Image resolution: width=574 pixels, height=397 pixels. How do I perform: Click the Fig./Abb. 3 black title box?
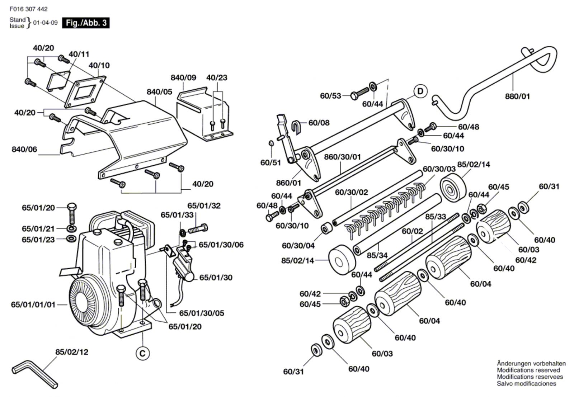tap(86, 23)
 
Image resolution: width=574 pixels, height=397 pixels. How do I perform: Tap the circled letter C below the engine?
tap(142, 354)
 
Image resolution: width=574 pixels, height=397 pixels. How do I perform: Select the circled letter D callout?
tap(420, 91)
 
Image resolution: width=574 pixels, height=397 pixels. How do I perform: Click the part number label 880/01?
tap(517, 96)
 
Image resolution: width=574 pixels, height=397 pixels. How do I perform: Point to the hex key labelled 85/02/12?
tap(34, 373)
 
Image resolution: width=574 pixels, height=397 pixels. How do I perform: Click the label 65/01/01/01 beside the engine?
tap(33, 305)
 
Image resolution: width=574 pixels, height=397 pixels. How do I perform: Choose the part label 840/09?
tap(183, 77)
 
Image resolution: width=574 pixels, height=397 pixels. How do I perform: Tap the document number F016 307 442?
tap(28, 9)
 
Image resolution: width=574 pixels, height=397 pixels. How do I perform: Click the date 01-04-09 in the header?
tap(45, 23)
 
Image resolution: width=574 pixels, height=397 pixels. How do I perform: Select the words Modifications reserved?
tap(528, 370)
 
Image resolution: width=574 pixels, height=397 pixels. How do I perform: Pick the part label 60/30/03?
tap(439, 169)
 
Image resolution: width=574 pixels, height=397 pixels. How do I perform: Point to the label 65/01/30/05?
tap(202, 313)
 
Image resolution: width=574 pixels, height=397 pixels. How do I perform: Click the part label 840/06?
tap(24, 149)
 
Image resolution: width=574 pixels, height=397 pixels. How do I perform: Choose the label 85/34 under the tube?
tap(377, 255)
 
